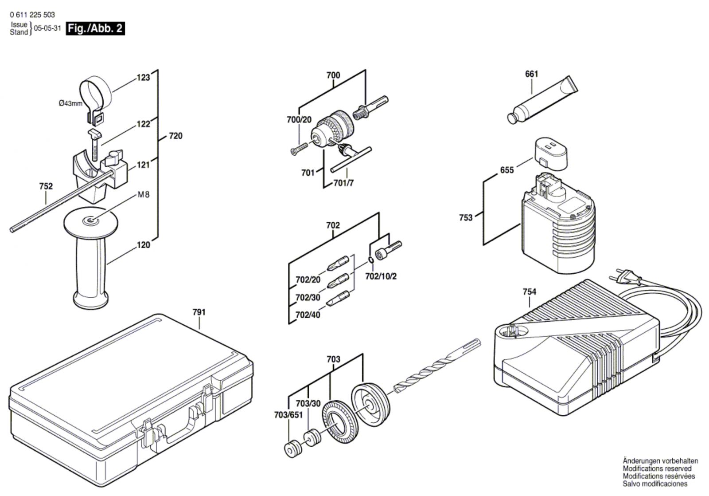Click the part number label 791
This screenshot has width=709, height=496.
[x=199, y=312]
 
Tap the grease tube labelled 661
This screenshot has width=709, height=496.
[x=542, y=100]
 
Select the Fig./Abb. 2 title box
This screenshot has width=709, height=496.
[x=95, y=28]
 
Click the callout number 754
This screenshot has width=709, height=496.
[x=530, y=291]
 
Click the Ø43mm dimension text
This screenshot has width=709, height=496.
[x=70, y=103]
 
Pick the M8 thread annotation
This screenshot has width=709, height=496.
[x=144, y=194]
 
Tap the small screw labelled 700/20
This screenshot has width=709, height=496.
[x=299, y=149]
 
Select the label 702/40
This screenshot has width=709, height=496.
[x=308, y=315]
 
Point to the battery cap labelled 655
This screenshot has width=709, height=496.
[x=551, y=154]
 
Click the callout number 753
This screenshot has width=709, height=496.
[x=466, y=217]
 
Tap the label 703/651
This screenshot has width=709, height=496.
[x=288, y=415]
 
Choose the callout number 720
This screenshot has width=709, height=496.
[x=175, y=136]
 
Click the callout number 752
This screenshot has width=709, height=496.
[x=46, y=186]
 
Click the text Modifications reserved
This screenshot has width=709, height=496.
[x=657, y=468]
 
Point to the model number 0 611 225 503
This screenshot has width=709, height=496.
[x=32, y=15]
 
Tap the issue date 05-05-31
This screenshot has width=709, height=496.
[x=47, y=28]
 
